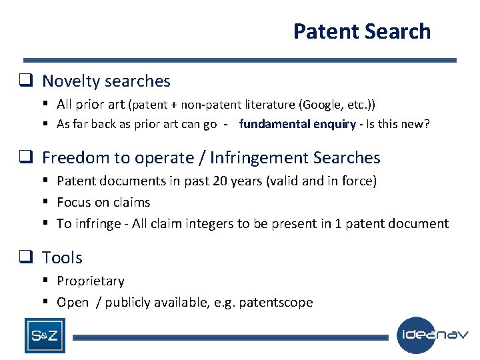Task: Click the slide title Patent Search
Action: tap(361, 31)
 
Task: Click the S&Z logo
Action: tap(45, 335)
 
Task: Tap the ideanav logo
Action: tap(433, 335)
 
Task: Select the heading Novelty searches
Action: tap(106, 81)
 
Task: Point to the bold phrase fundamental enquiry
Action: tap(297, 124)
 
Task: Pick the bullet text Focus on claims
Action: tap(103, 202)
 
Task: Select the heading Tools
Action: tap(62, 257)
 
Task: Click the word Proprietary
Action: tap(91, 281)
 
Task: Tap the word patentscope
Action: tap(278, 302)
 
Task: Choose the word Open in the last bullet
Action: tap(73, 302)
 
